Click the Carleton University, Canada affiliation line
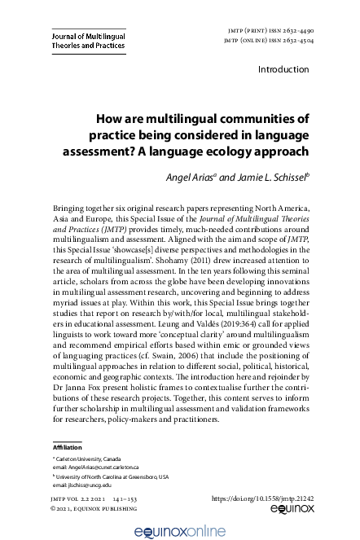[x=92, y=459]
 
